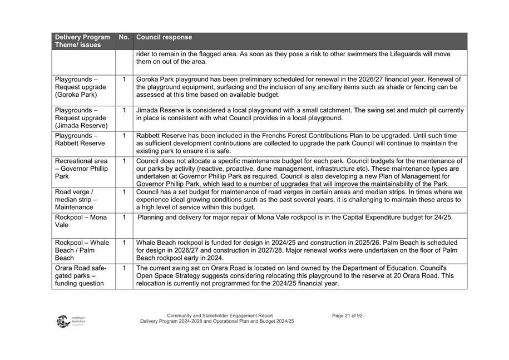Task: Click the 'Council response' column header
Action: [164, 38]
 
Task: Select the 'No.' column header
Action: [123, 38]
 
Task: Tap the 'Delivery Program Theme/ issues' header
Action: [82, 41]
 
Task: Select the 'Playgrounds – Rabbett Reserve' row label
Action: [80, 140]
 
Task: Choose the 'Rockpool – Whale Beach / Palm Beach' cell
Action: [82, 250]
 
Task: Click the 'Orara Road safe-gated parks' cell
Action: [81, 275]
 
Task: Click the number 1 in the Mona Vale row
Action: [124, 218]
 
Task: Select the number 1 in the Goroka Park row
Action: [124, 80]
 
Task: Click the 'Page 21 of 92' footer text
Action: [347, 316]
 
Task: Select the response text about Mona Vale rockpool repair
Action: [295, 218]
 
